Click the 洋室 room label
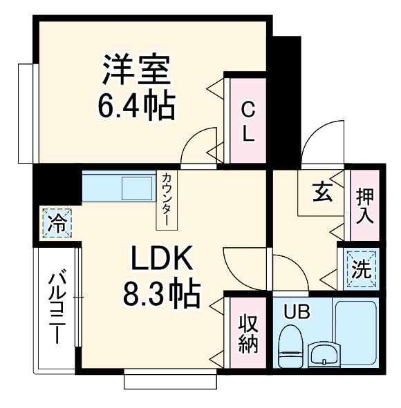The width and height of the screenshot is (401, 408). (x=137, y=69)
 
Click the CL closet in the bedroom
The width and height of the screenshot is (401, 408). (x=247, y=120)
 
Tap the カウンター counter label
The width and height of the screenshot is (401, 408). (x=168, y=200)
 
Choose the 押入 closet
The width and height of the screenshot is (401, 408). (x=364, y=205)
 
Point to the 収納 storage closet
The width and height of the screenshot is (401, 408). (x=247, y=334)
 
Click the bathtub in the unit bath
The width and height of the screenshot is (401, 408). (x=355, y=333)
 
